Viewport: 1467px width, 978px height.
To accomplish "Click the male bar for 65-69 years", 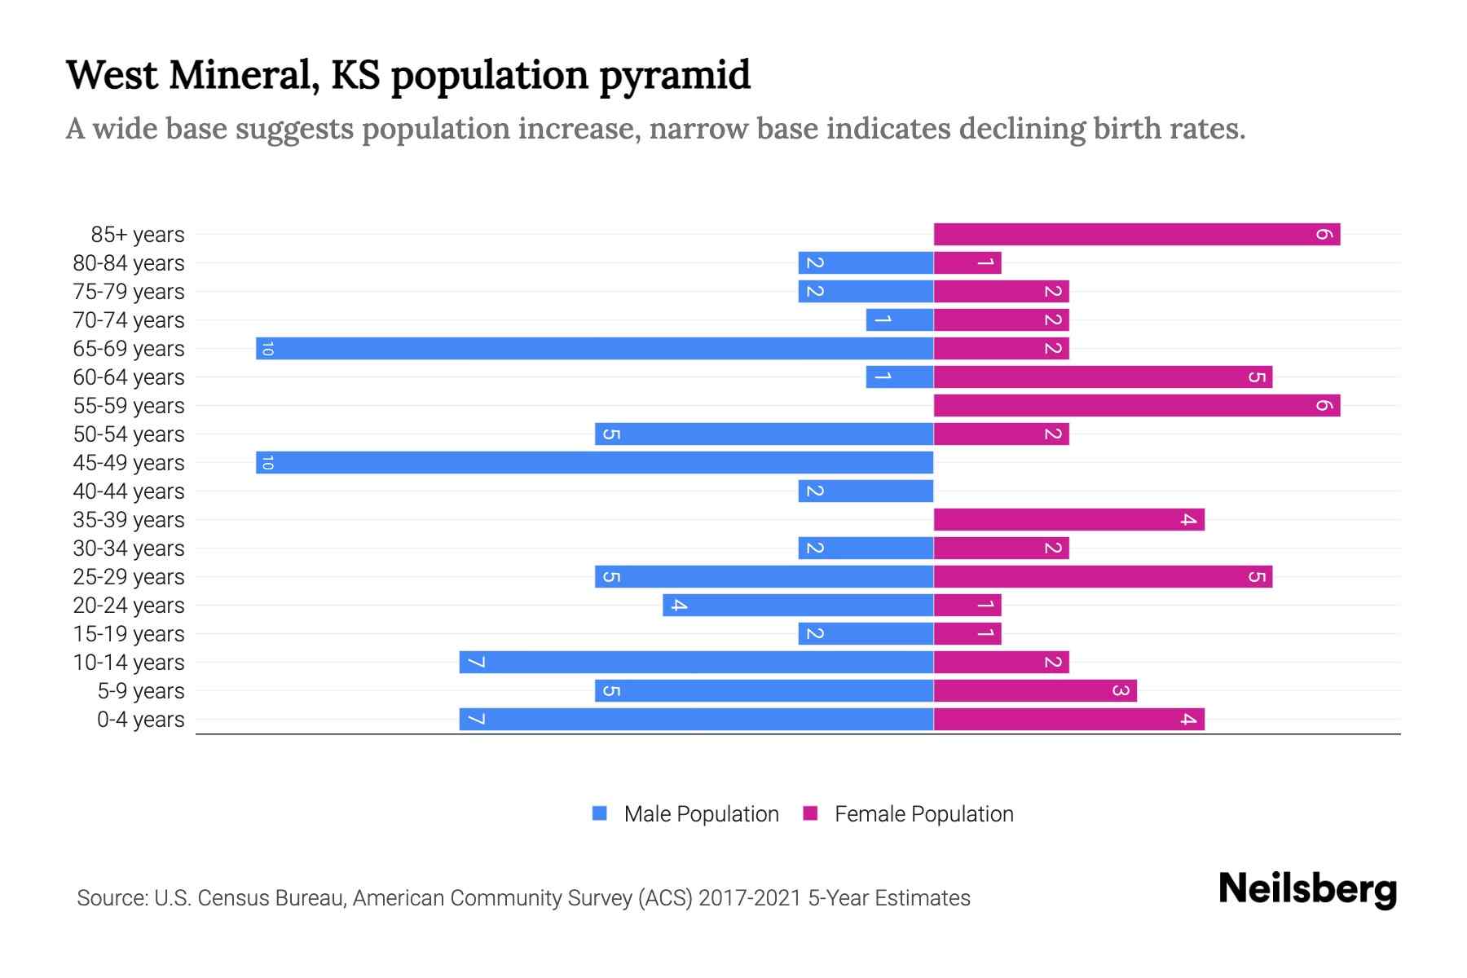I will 595,349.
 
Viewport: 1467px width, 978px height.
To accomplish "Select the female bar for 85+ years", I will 1137,235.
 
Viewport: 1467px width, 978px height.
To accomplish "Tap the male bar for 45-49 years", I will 595,463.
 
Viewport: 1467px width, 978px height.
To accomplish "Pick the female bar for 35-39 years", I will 1068,520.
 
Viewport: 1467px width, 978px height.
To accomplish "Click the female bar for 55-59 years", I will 1137,406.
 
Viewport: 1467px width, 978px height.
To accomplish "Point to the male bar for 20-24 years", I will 798,606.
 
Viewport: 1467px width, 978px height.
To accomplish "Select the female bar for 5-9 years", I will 1035,691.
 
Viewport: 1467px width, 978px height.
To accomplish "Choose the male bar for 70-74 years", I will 900,320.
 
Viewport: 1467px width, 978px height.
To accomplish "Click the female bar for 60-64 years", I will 1103,377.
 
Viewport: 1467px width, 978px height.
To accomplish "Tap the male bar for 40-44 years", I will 866,491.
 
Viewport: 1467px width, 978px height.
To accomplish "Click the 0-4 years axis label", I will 140,720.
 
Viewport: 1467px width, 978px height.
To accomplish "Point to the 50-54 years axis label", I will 129,434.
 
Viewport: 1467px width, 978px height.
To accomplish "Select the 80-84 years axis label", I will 129,263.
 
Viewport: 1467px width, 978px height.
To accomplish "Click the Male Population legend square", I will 600,813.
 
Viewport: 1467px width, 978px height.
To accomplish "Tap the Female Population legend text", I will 923,814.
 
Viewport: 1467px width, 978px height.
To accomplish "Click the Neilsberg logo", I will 1307,889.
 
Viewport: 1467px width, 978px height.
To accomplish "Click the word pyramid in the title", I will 675,76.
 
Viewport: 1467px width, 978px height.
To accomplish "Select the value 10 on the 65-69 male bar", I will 267,349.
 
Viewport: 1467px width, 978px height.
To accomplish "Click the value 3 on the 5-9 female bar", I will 1121,691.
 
